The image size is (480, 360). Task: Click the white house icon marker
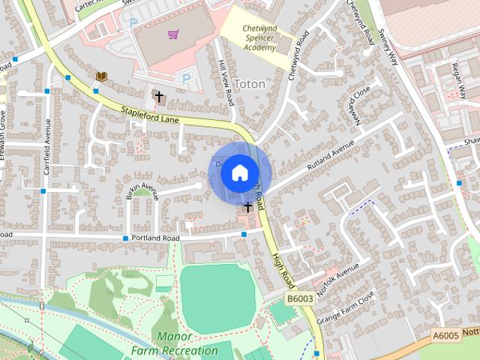click(x=239, y=172)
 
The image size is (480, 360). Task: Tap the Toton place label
click(x=250, y=84)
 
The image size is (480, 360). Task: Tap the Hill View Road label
click(x=224, y=82)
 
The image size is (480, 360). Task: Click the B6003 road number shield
click(x=301, y=298)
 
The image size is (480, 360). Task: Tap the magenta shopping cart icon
click(x=173, y=34)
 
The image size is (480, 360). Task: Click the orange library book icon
click(x=100, y=76)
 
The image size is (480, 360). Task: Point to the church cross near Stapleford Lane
click(x=158, y=96)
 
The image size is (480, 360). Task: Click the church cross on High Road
click(x=247, y=205)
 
